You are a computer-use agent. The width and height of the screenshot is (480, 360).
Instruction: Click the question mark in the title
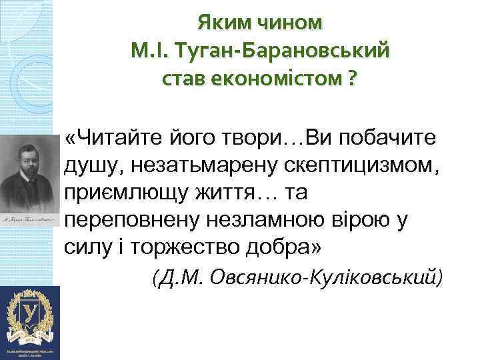(351, 79)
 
